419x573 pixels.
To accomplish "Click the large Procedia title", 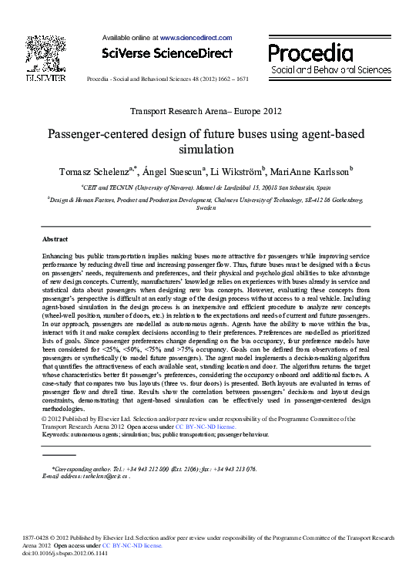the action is (310, 52).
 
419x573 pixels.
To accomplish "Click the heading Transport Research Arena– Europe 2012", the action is (208, 111).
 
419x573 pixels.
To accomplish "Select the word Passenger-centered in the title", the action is (101, 133).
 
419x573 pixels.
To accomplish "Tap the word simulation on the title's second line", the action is (209, 149).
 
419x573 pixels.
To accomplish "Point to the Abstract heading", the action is (55, 240).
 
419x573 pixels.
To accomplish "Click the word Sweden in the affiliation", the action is (206, 208).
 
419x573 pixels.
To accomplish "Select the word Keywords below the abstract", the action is (58, 434).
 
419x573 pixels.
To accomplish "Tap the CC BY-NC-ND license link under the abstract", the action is (206, 426).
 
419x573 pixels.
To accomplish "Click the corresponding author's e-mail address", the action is (102, 476).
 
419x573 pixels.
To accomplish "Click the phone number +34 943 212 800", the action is (152, 468).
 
